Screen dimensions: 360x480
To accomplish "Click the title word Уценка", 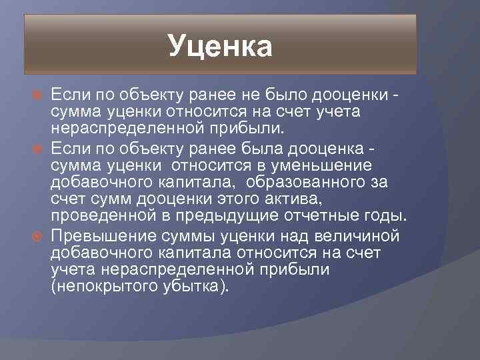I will [x=220, y=47].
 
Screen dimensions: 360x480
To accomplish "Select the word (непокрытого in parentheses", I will [x=97, y=287].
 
